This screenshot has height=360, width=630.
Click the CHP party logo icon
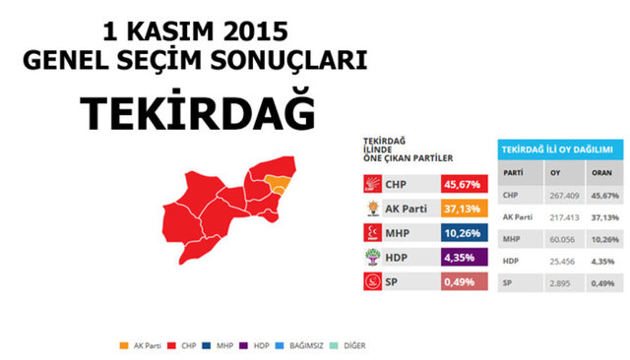(x=373, y=184)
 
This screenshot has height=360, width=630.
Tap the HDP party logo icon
(x=373, y=259)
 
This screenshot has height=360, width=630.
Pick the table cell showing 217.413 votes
(x=565, y=216)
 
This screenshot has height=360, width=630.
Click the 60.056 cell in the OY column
(x=563, y=239)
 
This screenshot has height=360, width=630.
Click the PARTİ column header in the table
(x=513, y=173)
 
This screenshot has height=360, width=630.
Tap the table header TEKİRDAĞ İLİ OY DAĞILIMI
(x=557, y=149)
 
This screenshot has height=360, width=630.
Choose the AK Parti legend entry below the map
(x=137, y=344)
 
